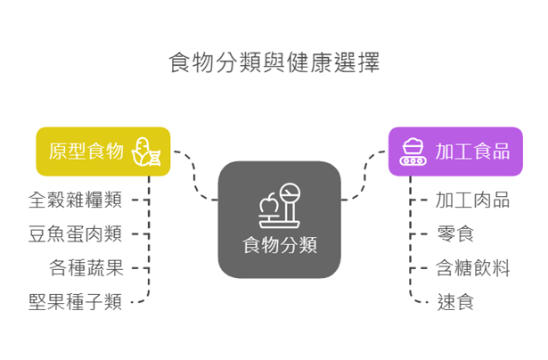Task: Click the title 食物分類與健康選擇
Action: pos(274,63)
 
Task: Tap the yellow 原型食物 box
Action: pos(102,151)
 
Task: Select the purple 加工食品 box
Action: pos(454,151)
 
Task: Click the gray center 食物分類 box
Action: pos(279,219)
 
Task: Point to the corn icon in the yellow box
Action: pos(145,151)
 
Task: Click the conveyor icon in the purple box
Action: pos(412,151)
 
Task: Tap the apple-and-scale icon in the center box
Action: pos(279,204)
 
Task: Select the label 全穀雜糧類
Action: pos(75,200)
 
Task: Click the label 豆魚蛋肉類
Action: pos(75,234)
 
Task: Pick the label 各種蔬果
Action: pos(86,268)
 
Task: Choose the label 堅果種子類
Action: pos(75,302)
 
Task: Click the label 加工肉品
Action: pos(472,200)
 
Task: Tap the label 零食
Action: pos(454,234)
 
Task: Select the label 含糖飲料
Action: pos(472,268)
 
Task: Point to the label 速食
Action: pos(454,302)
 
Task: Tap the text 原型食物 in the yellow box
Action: pos(86,151)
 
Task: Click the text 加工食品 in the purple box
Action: pos(472,151)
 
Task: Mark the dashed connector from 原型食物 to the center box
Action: pos(195,176)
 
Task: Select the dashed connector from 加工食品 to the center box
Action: pos(364,176)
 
